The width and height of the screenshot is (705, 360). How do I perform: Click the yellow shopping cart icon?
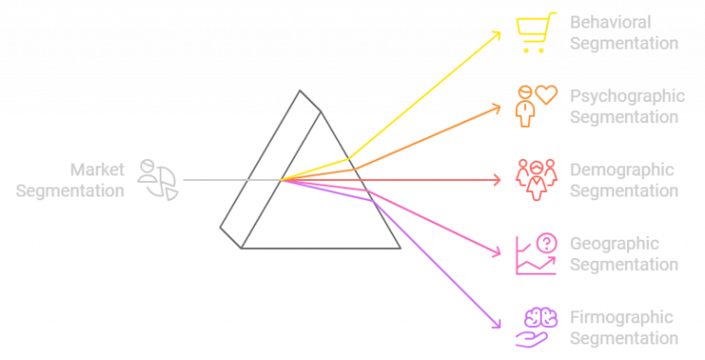[x=535, y=32]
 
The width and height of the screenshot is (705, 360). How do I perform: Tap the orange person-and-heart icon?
[x=535, y=104]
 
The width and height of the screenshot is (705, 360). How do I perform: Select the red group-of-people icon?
[x=535, y=179]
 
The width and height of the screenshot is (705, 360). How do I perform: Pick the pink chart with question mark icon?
[x=535, y=253]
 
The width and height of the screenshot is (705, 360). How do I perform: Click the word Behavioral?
[x=610, y=22]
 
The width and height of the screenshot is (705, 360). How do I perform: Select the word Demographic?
[x=621, y=170]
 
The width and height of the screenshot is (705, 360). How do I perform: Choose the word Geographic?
[x=615, y=244]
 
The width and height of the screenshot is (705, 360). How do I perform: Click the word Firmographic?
[x=621, y=319]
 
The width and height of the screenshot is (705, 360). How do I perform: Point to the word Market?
[x=97, y=170]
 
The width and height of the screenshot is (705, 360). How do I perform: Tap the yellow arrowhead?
[x=498, y=34]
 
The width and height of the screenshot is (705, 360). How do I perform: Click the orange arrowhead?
[x=498, y=107]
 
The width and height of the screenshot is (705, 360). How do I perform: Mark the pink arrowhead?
[x=498, y=253]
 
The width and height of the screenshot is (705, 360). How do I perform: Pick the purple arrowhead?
[x=498, y=323]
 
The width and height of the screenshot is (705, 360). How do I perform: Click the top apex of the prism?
[x=300, y=91]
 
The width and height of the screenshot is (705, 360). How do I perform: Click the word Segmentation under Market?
[x=70, y=191]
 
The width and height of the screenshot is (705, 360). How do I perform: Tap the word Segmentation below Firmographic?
[x=623, y=339]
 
